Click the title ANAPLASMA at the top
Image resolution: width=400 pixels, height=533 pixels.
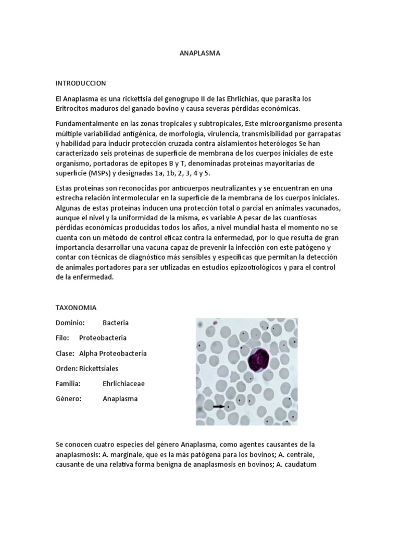(200, 53)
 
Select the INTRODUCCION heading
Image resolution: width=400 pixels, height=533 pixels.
(81, 83)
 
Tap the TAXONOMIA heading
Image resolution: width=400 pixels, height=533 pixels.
(76, 308)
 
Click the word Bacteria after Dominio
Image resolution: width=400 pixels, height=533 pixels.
(116, 323)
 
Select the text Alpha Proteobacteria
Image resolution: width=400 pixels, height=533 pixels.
(113, 353)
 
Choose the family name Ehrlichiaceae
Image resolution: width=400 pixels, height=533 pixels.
(124, 384)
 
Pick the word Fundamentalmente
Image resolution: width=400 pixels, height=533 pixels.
(87, 123)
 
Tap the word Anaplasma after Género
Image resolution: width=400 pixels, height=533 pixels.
(120, 399)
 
